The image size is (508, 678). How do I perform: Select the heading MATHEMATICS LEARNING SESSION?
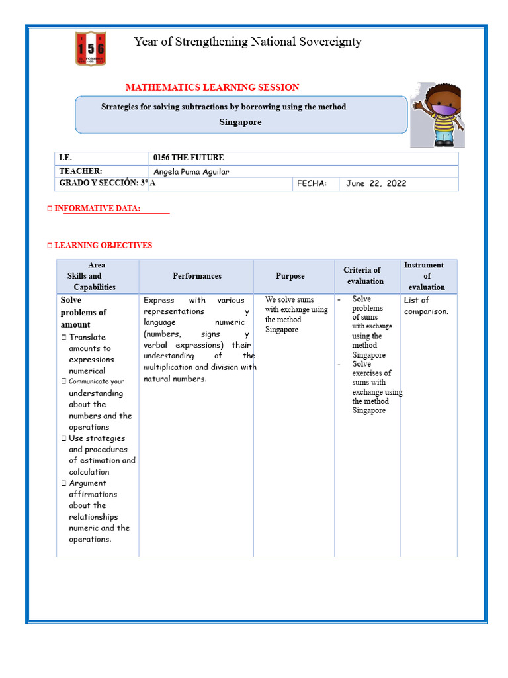point(212,87)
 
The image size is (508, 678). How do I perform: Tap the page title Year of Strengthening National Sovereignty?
point(247,42)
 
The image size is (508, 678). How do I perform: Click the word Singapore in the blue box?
point(240,122)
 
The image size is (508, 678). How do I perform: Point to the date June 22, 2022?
point(376,183)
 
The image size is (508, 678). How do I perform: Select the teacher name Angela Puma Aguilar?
point(191,171)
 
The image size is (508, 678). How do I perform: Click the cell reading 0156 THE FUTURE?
point(188,158)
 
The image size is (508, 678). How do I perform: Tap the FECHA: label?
point(312,183)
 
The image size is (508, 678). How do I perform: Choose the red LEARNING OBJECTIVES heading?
point(103,245)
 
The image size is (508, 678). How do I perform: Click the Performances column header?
point(197,276)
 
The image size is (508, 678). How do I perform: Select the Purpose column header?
point(290,276)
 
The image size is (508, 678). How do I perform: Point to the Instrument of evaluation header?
point(426,275)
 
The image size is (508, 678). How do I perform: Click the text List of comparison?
point(426,306)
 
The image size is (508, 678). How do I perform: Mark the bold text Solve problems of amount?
point(84,313)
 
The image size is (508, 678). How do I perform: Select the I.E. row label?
point(65,158)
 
